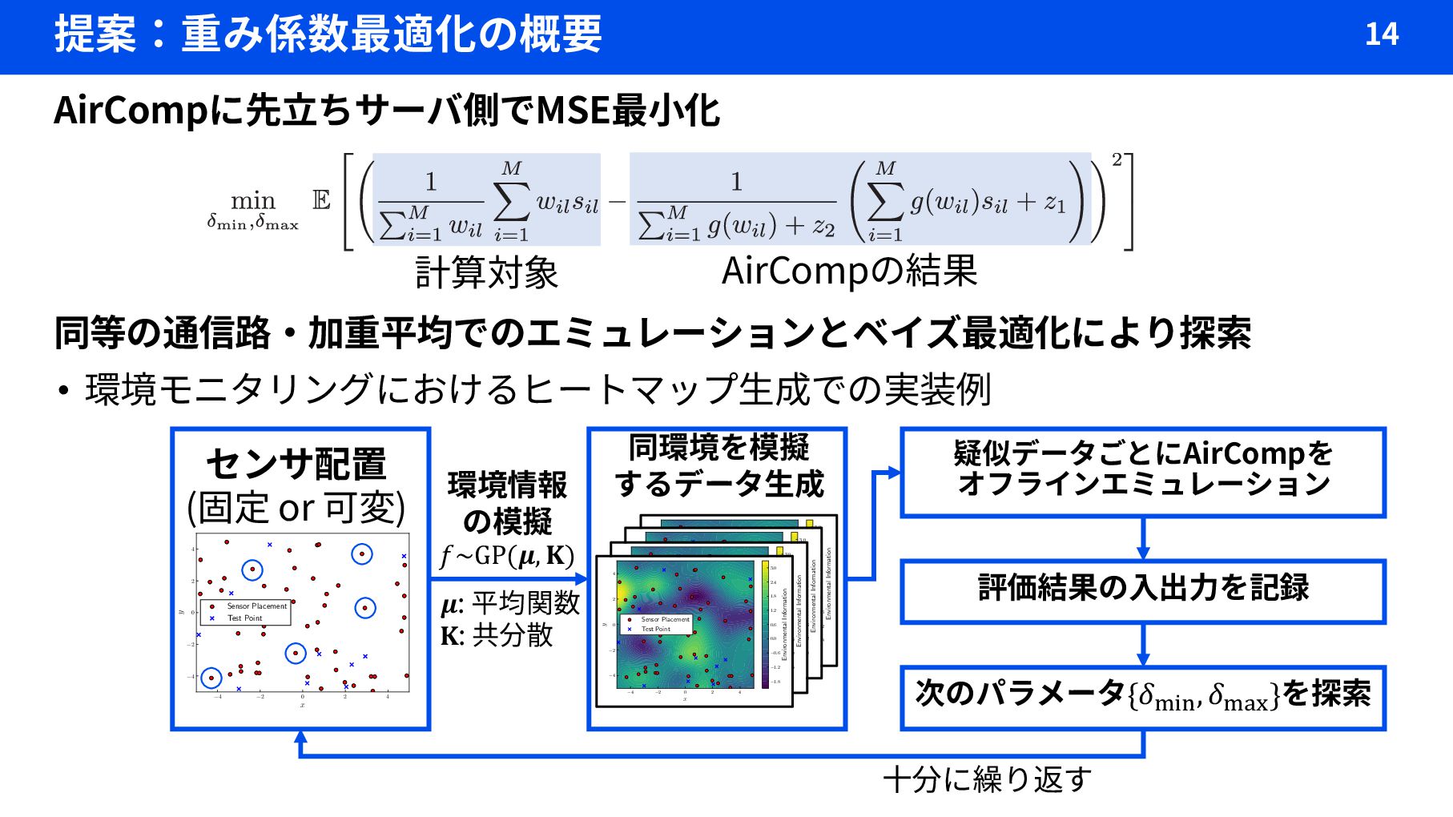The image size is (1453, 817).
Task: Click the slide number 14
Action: click(1381, 34)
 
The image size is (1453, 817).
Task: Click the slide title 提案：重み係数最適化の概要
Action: click(328, 34)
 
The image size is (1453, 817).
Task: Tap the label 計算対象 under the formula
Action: click(486, 272)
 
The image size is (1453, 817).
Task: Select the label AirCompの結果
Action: click(849, 271)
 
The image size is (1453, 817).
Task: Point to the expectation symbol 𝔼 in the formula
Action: click(321, 200)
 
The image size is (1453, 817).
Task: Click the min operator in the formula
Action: click(252, 200)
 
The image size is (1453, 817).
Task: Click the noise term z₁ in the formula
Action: click(1054, 203)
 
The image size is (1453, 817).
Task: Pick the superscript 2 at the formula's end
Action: click(1117, 159)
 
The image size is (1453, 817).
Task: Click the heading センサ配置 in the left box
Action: click(296, 464)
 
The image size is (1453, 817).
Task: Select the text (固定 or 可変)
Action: click(296, 507)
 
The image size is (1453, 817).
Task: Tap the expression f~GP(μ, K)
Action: click(507, 555)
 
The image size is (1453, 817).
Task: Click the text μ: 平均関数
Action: click(510, 602)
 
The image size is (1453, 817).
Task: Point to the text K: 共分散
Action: click(497, 635)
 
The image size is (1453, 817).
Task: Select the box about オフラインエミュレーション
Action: click(1143, 471)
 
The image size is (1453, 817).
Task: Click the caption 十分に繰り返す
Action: click(987, 779)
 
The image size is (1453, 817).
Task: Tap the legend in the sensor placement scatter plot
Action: click(245, 612)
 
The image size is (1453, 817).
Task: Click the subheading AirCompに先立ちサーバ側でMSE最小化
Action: click(387, 111)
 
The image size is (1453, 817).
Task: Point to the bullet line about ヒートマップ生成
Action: click(537, 390)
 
